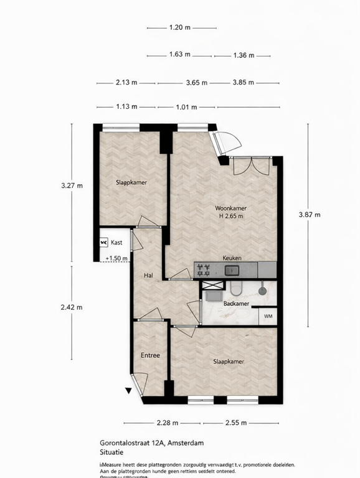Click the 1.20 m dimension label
[179, 27]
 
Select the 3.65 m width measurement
[196, 83]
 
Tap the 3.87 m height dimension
[309, 215]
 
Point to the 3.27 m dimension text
[72, 185]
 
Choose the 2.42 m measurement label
[72, 306]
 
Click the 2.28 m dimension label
[167, 423]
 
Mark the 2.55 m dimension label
[236, 423]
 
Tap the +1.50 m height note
[116, 258]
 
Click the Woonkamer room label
[229, 208]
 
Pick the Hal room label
[148, 274]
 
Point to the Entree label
[150, 355]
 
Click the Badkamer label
[236, 304]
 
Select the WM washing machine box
[268, 316]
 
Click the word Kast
[116, 243]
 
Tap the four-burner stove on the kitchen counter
[203, 269]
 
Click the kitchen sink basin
[232, 270]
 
